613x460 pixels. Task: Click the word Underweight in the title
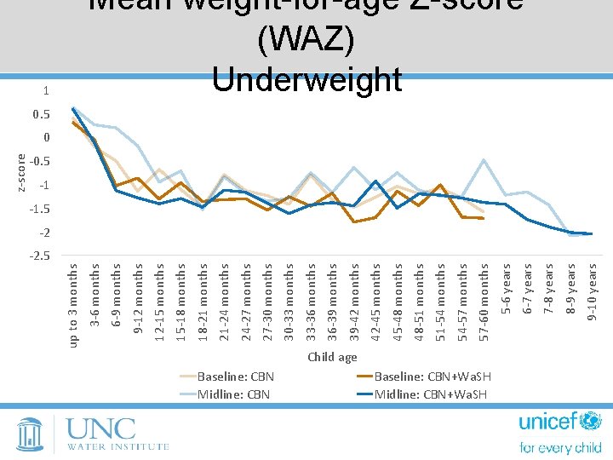[x=306, y=79]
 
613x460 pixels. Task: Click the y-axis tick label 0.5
[x=41, y=114]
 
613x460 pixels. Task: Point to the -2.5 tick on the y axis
[x=39, y=256]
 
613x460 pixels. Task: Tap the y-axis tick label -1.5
[x=39, y=209]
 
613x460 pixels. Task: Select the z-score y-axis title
[x=22, y=172]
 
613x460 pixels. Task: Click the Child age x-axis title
[x=332, y=357]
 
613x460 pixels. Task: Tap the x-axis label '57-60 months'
[x=484, y=302]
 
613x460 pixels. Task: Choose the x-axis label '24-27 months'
[x=246, y=302]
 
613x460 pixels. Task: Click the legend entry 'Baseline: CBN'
[x=236, y=376]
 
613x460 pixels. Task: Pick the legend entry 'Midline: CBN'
[x=233, y=393]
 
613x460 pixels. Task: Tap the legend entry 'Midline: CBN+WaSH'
[x=430, y=393]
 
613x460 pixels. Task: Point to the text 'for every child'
[x=560, y=448]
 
